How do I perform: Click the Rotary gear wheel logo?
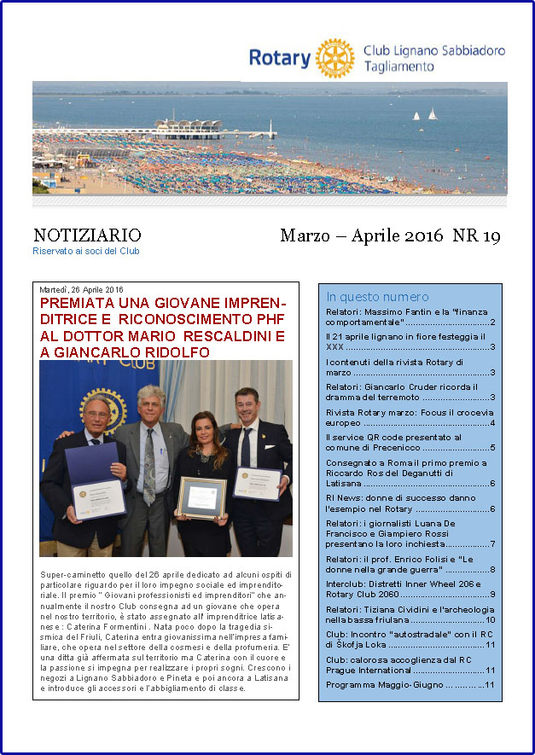[334, 58]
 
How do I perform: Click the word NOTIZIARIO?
[87, 235]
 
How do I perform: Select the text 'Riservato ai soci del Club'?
[86, 251]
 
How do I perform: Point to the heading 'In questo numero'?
[377, 297]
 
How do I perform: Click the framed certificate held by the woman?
[202, 498]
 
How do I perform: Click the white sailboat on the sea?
[432, 113]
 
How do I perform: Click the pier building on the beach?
[189, 127]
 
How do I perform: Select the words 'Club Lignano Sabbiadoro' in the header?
[433, 50]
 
